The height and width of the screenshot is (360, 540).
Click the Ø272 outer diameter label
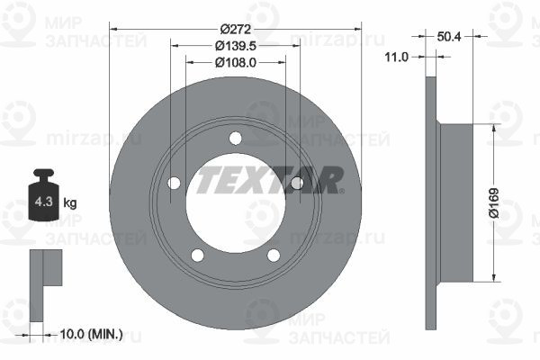point(236,29)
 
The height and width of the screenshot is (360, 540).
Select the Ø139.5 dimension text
point(236,46)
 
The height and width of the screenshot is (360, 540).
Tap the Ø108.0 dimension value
point(236,62)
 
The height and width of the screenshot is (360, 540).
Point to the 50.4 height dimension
point(449,36)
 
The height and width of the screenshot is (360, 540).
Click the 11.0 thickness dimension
point(396,57)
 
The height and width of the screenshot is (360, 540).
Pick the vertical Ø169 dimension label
point(494,203)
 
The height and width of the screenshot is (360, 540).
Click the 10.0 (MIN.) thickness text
point(91,334)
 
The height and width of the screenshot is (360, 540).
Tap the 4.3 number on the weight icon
point(44,202)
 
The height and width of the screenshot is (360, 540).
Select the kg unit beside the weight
point(70,202)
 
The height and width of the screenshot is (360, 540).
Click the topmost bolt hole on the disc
point(236,138)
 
